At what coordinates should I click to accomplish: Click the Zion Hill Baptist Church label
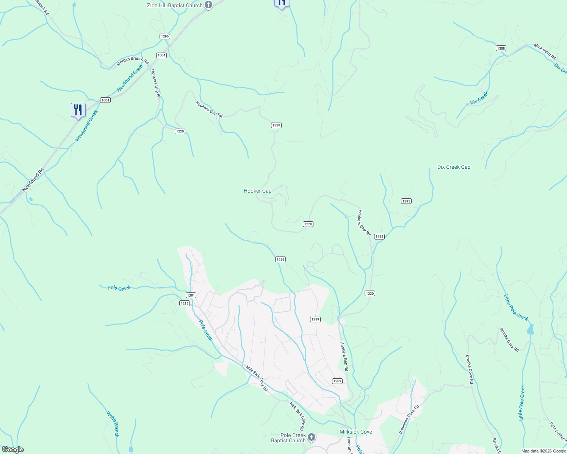point(175,5)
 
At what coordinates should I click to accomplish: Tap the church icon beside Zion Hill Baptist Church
point(208,5)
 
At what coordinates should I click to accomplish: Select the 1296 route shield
point(164,36)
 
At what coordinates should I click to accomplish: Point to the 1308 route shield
point(501,48)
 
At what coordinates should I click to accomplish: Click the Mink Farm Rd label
point(545,51)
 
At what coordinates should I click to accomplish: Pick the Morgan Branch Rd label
point(132,61)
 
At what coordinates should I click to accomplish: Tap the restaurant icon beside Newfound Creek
point(78,110)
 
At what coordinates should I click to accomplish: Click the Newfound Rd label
point(33,180)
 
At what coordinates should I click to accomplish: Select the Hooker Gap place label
point(257,191)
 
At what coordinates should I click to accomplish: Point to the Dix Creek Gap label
point(454,167)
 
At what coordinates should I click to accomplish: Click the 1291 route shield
point(191,295)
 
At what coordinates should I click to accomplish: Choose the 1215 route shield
point(185,303)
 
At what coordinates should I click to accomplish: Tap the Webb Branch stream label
point(113,424)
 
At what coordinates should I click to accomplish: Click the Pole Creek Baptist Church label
point(288,438)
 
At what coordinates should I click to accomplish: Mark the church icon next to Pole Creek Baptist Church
point(311,437)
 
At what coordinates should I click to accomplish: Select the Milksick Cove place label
point(356,432)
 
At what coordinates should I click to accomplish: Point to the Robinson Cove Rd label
point(409,419)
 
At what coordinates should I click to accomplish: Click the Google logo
point(13,449)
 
